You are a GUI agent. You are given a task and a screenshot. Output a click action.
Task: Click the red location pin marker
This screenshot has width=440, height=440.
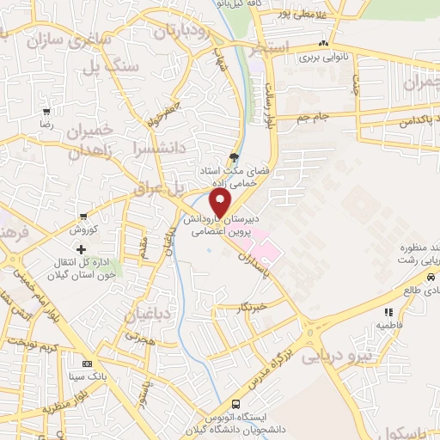click(221, 203)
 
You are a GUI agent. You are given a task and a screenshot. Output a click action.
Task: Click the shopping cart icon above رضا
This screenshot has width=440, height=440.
click(46, 112)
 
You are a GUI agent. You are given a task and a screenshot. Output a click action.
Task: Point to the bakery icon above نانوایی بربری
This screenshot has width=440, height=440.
click(323, 44)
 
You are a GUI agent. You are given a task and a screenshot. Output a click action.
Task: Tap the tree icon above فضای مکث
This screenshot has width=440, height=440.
click(234, 157)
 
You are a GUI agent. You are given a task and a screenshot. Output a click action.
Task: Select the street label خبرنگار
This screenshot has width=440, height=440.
click(256, 306)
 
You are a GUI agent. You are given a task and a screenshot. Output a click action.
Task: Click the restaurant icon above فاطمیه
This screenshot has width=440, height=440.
click(388, 313)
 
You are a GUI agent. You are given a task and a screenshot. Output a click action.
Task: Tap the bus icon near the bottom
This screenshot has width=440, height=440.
click(235, 403)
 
